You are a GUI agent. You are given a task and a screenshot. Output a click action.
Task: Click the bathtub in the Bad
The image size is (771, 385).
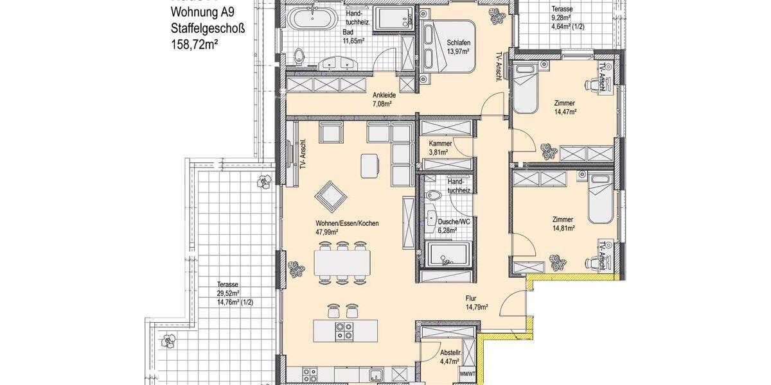(x=312, y=19)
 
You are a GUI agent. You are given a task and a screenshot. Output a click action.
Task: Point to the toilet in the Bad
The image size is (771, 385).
(x=299, y=58)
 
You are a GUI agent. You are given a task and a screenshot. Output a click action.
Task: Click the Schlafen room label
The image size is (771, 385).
(x=459, y=42)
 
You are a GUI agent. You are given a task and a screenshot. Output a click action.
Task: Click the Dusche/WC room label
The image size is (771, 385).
(x=444, y=221)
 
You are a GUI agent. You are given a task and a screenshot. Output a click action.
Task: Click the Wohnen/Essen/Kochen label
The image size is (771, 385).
(x=346, y=224)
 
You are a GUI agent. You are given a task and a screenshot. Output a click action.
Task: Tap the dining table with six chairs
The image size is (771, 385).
(x=342, y=261)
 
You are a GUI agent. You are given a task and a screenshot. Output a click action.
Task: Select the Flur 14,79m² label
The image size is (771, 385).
(x=476, y=302)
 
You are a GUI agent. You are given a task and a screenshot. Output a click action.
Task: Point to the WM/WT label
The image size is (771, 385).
(x=467, y=373)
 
